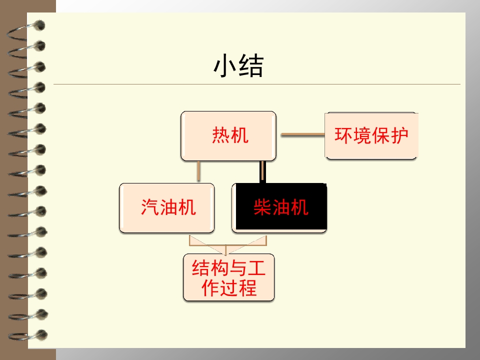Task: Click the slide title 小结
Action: (238, 66)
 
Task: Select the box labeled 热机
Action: (228, 136)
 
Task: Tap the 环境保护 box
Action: (371, 136)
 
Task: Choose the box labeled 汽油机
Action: (167, 208)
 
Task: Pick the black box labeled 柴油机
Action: (279, 208)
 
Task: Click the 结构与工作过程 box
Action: (228, 277)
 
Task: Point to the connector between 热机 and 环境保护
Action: (303, 134)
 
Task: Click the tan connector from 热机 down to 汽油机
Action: (198, 171)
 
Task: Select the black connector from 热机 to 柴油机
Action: (262, 172)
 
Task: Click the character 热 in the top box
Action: (220, 135)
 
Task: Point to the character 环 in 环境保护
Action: (343, 135)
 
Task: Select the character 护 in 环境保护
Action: (399, 135)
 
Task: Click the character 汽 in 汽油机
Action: (149, 207)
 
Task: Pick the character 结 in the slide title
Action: (251, 66)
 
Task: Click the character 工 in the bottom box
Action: (256, 268)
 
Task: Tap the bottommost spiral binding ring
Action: (27, 335)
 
